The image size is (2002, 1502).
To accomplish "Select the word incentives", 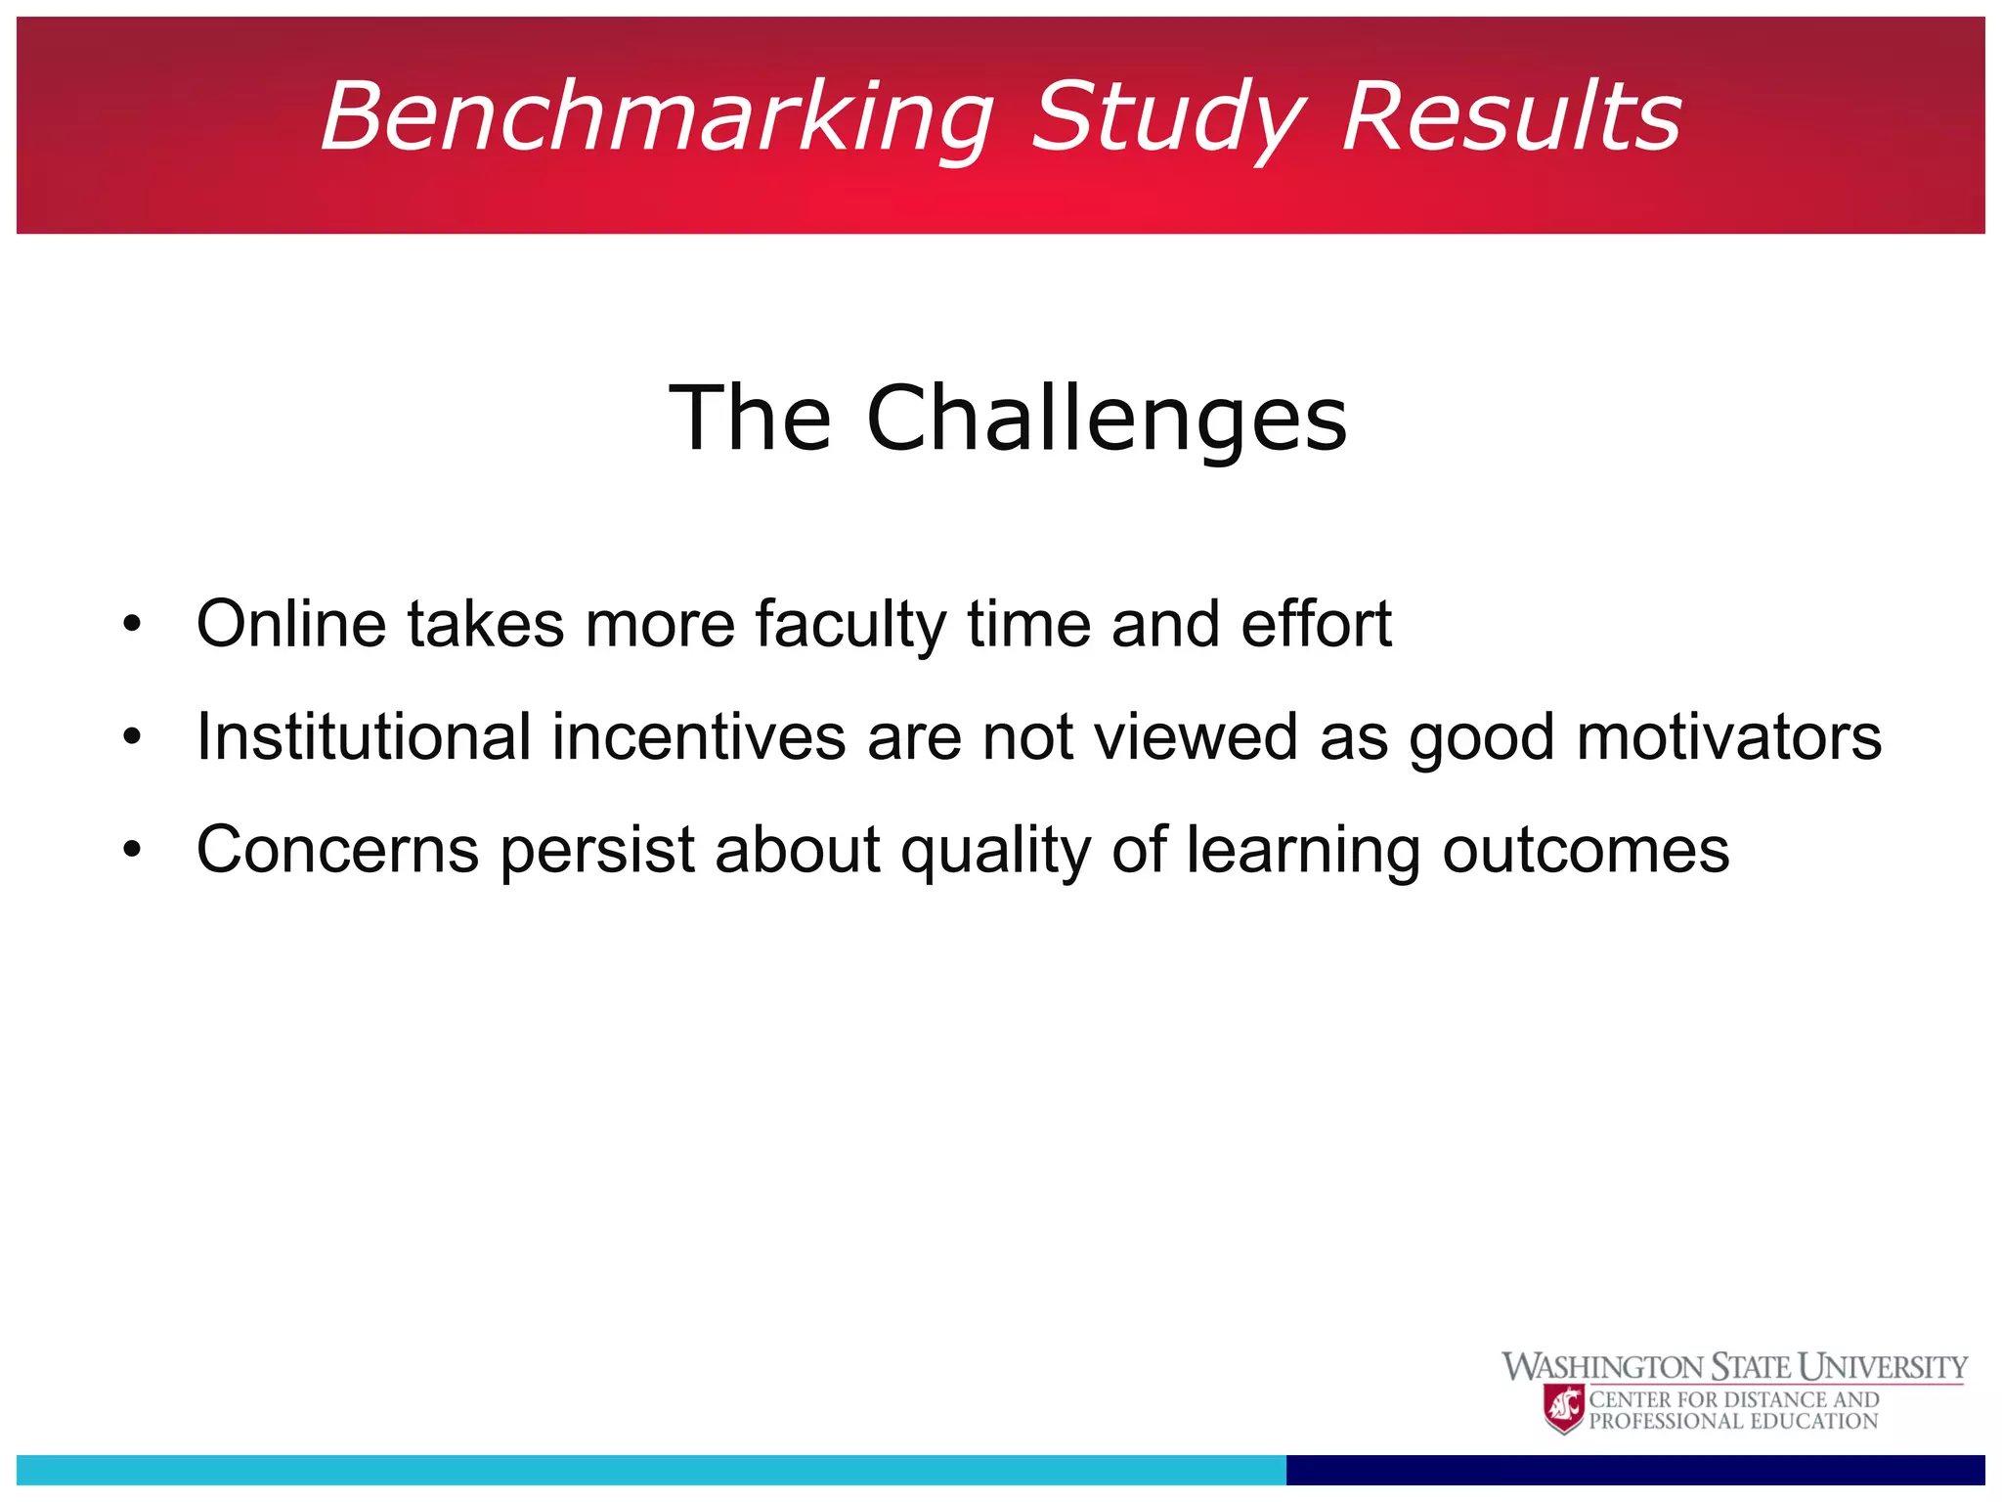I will coord(699,736).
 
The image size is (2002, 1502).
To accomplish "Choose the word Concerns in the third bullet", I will coord(337,849).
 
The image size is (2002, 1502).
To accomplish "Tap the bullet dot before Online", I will coord(133,624).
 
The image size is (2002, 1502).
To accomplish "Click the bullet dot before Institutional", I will coord(133,736).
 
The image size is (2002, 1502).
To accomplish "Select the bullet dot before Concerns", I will coord(133,849).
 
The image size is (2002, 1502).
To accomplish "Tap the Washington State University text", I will coord(1734,1366).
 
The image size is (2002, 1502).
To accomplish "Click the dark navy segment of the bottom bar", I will coord(1634,1470).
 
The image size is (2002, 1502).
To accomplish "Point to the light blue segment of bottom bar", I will coord(651,1470).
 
